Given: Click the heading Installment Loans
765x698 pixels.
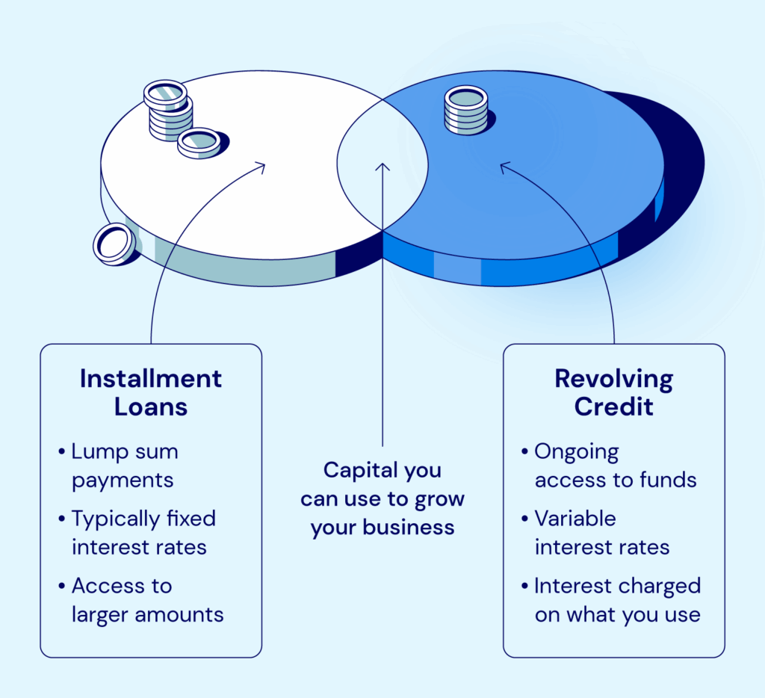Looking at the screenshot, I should pos(151,392).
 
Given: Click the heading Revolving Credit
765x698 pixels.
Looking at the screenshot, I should pos(613,392).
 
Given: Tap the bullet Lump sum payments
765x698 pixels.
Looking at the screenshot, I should pos(124,466).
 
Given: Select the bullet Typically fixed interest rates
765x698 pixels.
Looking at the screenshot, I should pos(139,532).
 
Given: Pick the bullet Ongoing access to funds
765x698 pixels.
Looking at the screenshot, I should pos(614,466).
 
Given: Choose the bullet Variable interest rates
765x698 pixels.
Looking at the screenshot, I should pos(601,532).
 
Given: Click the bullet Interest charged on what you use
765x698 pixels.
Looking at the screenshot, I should pos(616,600).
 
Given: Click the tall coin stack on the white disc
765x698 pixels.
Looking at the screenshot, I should pos(168,110).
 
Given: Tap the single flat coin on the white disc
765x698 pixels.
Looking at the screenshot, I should pos(199,142).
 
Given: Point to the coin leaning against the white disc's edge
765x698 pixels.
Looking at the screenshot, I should pos(114,244).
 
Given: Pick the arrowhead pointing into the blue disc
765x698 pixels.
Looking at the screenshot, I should pos(504,166).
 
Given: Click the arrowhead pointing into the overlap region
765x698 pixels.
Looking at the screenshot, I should pos(382,166).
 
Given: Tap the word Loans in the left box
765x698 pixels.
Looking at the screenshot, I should pos(151,407).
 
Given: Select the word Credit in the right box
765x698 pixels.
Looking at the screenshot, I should pos(613,407).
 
